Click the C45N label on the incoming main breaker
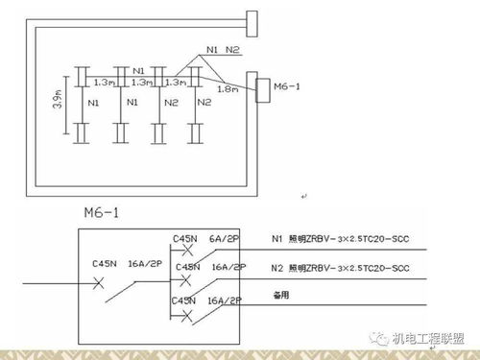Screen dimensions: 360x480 [x=105, y=262]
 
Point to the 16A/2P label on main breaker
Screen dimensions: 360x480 [x=142, y=262]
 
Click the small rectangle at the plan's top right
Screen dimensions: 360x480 [x=252, y=18]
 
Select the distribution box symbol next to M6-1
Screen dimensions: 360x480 [x=262, y=87]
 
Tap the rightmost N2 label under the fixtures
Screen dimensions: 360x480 [x=204, y=101]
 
